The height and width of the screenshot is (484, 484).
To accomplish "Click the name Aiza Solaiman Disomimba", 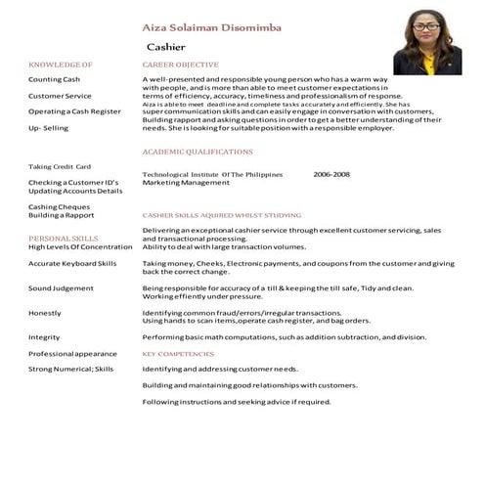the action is coord(211,28).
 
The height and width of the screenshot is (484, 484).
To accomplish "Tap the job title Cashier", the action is coord(165,46).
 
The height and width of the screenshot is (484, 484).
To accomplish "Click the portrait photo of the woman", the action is coord(426,46).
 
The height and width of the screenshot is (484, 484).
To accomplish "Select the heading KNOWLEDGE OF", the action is coord(61,64).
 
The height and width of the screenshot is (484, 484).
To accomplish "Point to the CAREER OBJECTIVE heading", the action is coord(180,64).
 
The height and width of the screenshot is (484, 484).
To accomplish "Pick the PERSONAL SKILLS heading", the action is coord(63,239).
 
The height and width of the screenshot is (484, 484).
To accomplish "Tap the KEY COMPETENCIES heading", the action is coord(178,353).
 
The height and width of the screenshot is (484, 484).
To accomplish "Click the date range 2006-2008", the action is coord(331,174).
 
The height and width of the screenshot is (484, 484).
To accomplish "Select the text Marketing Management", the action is coord(186,183).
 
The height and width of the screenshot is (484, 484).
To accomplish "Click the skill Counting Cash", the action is coord(55,79).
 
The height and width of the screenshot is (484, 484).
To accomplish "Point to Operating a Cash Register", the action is coord(74,111).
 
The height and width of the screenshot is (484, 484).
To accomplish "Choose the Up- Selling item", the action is coord(49,128).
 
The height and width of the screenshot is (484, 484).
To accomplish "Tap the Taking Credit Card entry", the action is coord(60,166).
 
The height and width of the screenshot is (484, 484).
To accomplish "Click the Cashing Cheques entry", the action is coord(60,206).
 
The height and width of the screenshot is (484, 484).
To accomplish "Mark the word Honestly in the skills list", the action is coord(45,313).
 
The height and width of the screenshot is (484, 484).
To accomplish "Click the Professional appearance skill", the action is coord(72,353).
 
